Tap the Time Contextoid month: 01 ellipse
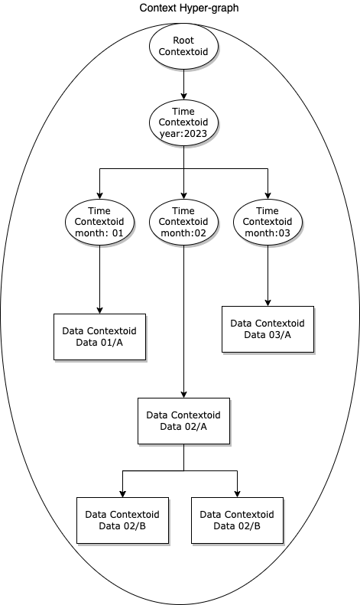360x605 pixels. (99, 222)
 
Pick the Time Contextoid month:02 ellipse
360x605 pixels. (183, 222)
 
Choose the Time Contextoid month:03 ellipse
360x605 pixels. (268, 222)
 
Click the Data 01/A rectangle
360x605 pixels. (99, 337)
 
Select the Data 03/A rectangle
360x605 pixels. (268, 329)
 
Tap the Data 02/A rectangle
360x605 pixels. (183, 421)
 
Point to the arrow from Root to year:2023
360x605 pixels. (183, 84)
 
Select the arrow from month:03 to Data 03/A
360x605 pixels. (268, 275)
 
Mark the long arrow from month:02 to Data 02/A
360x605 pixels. (183, 321)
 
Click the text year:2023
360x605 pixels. (183, 134)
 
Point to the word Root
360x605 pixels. (183, 41)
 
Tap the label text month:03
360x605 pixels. (268, 233)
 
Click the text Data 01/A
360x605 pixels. (99, 342)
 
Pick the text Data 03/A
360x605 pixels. (268, 334)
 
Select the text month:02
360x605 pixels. (183, 233)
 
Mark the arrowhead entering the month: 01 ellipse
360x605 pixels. (99, 194)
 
